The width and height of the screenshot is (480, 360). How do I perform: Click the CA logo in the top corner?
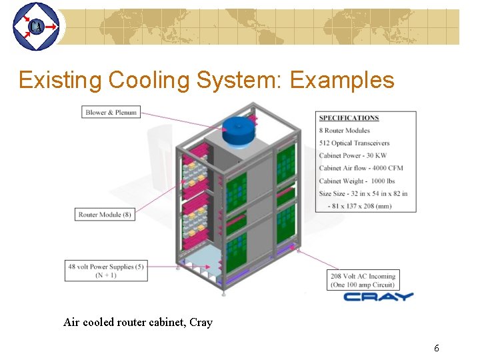[x=35, y=27]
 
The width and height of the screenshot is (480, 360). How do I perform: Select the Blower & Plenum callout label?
[x=111, y=113]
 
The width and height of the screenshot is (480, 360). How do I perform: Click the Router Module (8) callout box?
[x=106, y=215]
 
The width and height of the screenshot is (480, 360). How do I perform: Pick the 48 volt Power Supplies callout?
[x=106, y=271]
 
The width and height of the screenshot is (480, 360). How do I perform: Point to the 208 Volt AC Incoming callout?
[x=363, y=280]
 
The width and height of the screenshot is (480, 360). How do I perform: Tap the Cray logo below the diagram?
[x=378, y=297]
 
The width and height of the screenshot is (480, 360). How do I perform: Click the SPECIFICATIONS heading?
[x=349, y=118]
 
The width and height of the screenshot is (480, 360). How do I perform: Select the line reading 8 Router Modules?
[x=344, y=131]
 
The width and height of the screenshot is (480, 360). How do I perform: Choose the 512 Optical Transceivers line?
[x=354, y=143]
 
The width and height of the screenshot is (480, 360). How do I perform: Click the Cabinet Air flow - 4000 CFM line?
[x=361, y=169]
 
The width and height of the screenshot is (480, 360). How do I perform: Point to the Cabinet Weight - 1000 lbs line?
[x=357, y=181]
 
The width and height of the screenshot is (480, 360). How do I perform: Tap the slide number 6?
[x=436, y=348]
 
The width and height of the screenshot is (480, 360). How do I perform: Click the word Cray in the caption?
[x=201, y=323]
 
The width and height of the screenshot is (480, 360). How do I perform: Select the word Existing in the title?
[x=60, y=81]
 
